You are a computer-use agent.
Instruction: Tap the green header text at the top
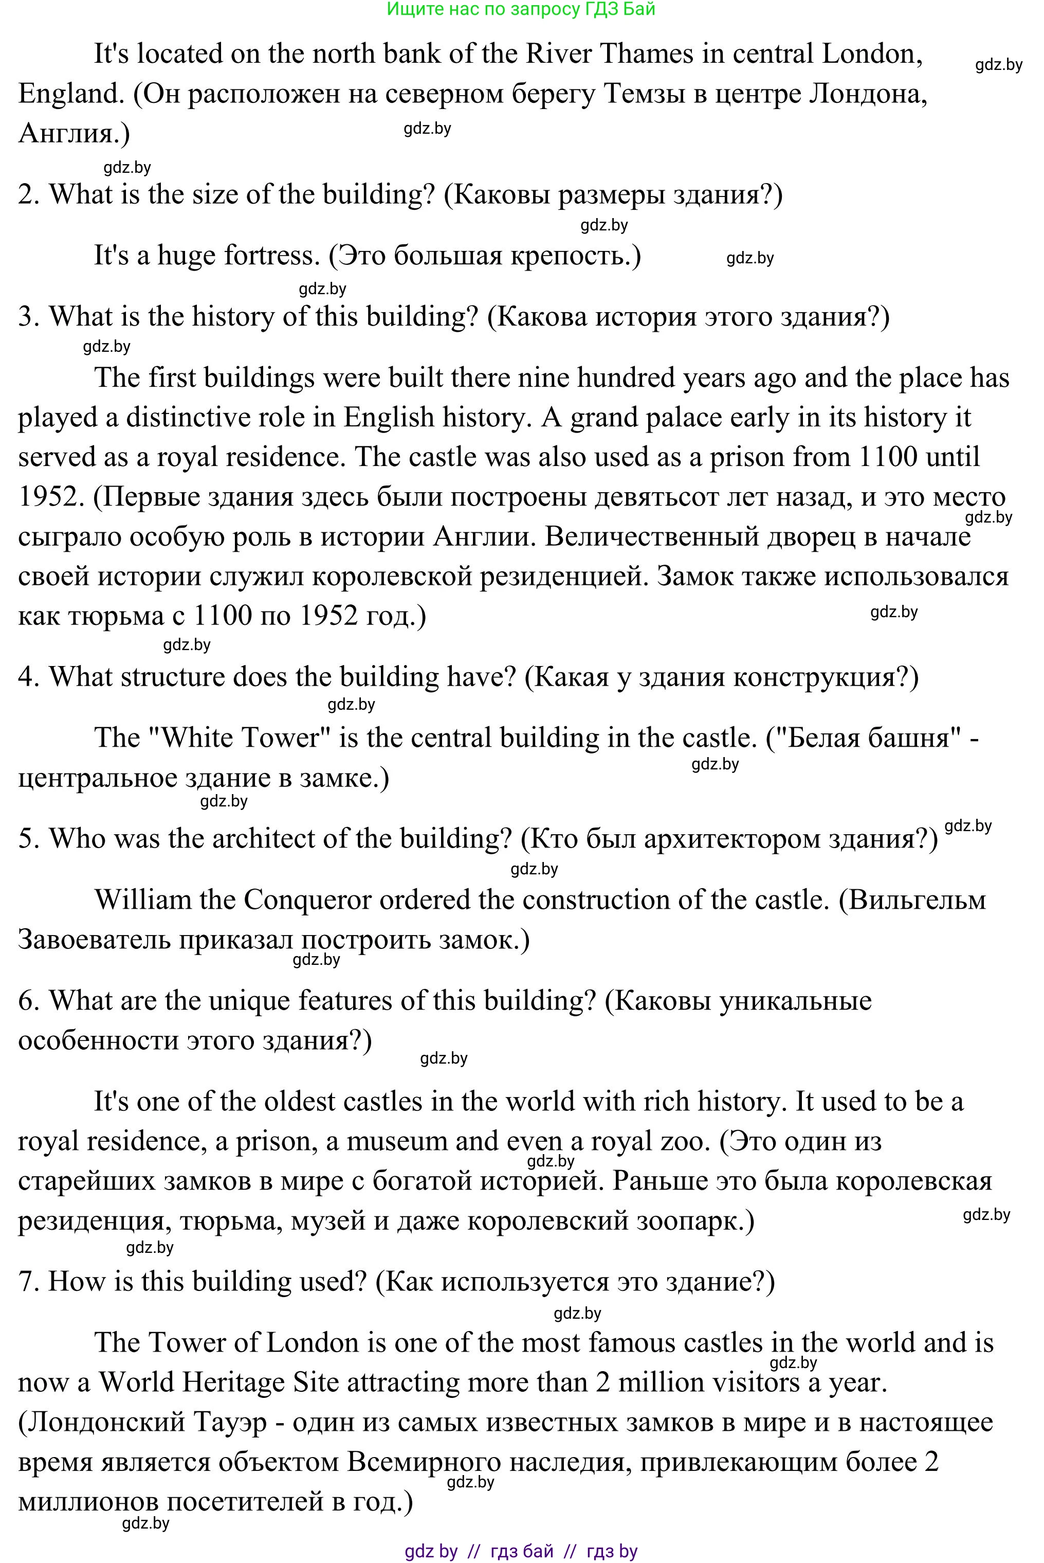tap(521, 9)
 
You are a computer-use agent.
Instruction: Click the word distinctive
tap(190, 418)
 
